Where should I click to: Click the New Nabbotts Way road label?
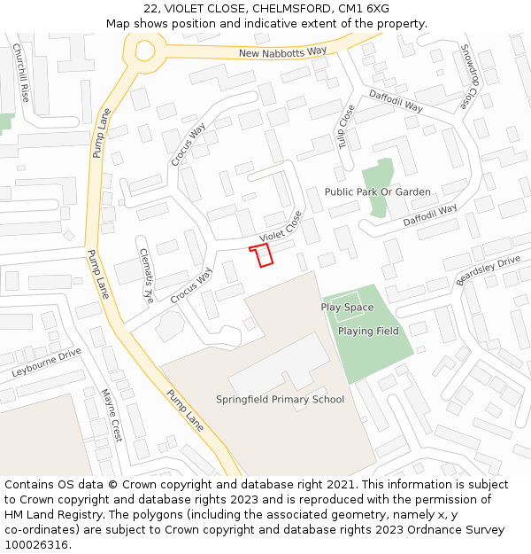tap(282, 52)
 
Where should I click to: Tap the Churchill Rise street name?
tap(20, 72)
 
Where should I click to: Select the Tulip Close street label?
tap(346, 127)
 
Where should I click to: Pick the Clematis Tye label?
tap(147, 272)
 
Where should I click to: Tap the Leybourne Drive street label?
tap(46, 363)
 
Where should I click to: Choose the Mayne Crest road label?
tap(111, 415)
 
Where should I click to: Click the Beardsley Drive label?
tap(488, 270)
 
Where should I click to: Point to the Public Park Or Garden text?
tap(377, 191)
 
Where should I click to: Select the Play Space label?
tap(347, 307)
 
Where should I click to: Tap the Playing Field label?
tap(368, 331)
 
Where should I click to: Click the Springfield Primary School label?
tap(280, 399)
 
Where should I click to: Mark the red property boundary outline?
tap(261, 256)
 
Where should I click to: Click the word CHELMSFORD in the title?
tap(292, 9)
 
